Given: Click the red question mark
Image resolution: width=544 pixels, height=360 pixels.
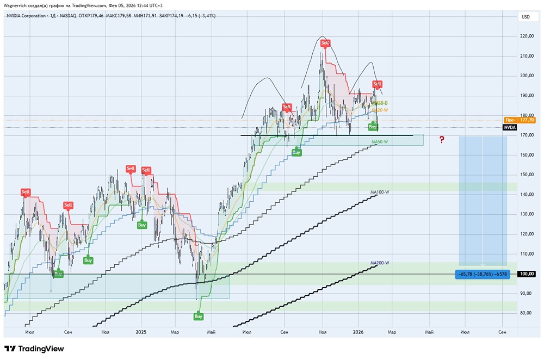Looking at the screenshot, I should (442, 140).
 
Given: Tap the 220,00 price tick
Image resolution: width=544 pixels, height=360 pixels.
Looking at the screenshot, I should (526, 36).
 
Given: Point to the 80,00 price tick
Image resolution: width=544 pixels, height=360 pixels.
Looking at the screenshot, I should (526, 313).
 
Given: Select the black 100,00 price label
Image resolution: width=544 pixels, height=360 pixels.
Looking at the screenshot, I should (526, 274).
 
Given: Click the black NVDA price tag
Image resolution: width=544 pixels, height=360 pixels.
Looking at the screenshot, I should (509, 127).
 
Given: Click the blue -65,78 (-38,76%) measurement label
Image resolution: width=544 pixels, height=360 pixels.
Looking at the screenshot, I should (482, 274).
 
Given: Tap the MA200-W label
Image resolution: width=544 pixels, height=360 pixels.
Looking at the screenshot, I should (380, 263).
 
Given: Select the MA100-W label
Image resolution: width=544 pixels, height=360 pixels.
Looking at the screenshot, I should (380, 192).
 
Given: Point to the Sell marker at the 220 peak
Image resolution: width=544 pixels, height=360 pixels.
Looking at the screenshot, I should (325, 43).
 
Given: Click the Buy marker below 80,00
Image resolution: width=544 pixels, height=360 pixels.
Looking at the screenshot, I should (199, 316).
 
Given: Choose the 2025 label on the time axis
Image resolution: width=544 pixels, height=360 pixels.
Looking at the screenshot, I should (141, 331).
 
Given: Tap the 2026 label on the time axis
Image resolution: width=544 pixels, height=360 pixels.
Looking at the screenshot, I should (358, 331).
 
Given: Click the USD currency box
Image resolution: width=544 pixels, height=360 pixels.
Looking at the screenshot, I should (526, 17).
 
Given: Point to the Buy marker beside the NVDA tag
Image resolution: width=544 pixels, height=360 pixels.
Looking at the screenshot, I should (373, 127).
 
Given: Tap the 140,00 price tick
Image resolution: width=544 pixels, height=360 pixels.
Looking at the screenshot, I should (526, 194).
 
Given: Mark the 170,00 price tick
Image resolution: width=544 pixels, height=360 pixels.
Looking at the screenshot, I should (526, 135).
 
